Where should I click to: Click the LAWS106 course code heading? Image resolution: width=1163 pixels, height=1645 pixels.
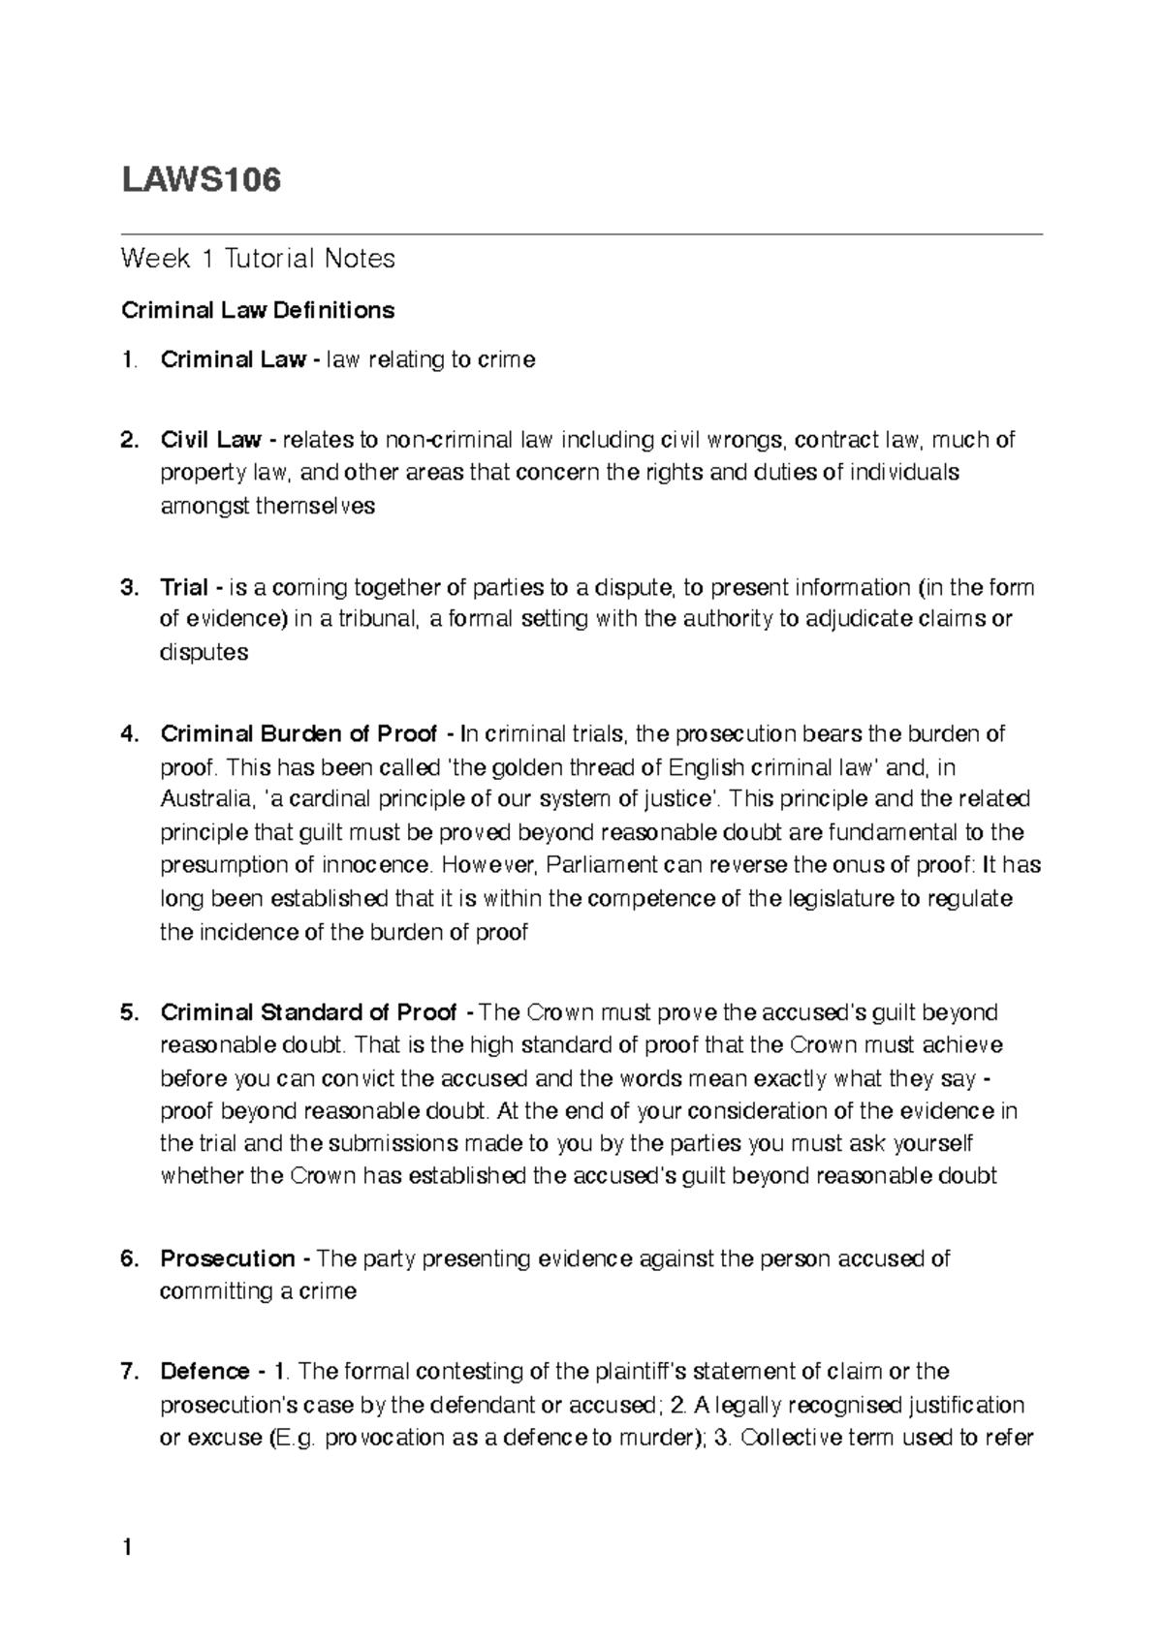[x=201, y=180]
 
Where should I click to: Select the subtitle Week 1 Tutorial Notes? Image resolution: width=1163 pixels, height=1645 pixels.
[x=258, y=259]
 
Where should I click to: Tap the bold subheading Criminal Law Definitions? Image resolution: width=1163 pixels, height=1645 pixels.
[x=258, y=310]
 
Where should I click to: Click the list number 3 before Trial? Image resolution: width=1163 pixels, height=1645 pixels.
[x=127, y=588]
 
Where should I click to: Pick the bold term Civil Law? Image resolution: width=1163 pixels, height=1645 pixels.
[x=210, y=441]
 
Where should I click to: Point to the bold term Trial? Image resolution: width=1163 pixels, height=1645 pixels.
[x=184, y=588]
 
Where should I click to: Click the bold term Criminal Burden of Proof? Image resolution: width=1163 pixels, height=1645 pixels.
[x=299, y=734]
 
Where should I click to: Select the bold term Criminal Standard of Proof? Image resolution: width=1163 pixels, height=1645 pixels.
[x=308, y=1013]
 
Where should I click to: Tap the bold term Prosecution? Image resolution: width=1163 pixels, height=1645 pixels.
[x=229, y=1259]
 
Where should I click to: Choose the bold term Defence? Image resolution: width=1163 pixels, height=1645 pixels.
[x=205, y=1372]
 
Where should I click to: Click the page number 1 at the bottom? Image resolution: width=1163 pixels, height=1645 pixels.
[x=126, y=1548]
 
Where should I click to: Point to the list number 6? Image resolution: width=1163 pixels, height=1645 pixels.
[x=127, y=1259]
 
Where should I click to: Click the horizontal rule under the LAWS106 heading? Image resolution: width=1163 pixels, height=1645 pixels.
[x=581, y=234]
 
